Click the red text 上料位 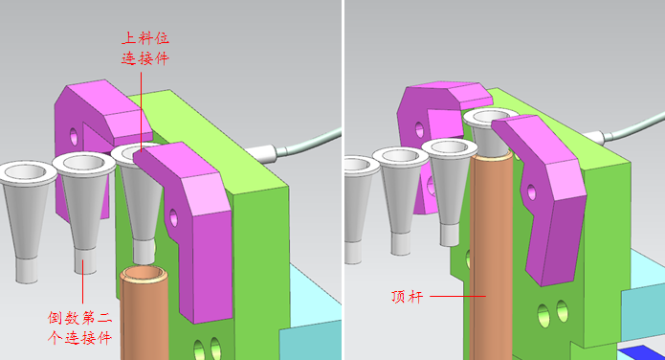145,38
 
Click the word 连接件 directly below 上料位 145,58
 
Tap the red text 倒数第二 79,318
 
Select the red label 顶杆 408,296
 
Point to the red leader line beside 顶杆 457,296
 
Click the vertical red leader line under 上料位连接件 142,111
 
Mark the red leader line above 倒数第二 82,281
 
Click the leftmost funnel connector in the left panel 28,221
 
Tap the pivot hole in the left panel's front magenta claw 173,217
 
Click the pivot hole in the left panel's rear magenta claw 74,136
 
